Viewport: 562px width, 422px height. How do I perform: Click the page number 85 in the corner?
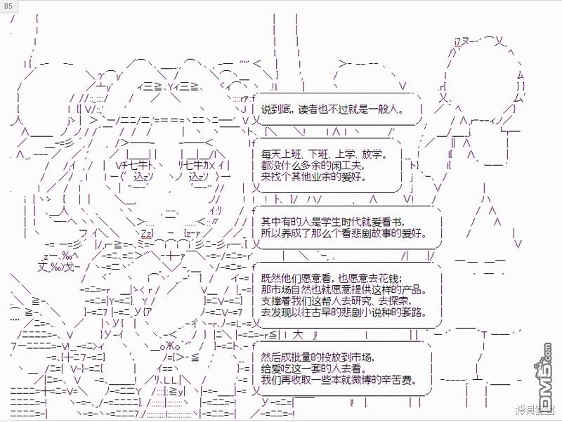click(8, 6)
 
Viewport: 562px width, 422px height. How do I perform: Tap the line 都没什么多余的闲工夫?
click(313, 165)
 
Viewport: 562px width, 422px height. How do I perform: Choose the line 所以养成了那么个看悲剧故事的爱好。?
click(342, 233)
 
